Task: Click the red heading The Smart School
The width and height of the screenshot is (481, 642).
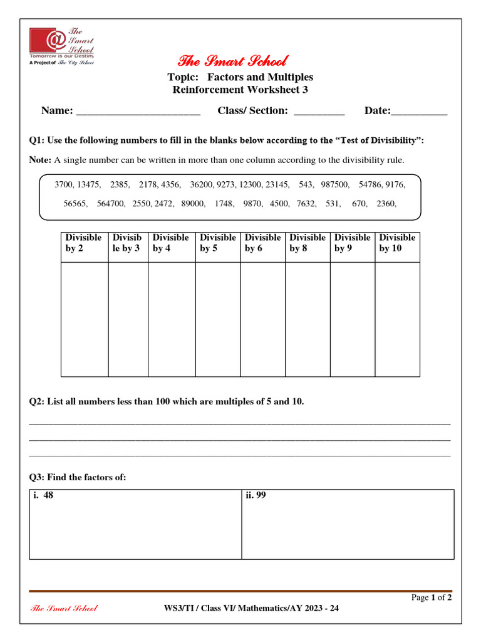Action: [x=232, y=61]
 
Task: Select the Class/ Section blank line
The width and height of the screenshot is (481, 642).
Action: [x=319, y=113]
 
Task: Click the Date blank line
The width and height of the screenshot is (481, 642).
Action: [x=419, y=113]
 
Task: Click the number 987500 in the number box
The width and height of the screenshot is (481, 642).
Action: [x=335, y=185]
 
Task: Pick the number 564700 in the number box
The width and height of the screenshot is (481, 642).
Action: [x=111, y=204]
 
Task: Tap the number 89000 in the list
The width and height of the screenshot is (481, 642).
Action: [x=193, y=204]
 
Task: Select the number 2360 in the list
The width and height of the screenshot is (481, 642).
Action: [x=386, y=204]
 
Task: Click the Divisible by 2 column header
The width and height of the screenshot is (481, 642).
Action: [x=83, y=243]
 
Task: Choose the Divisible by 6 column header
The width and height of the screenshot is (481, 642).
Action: [x=262, y=243]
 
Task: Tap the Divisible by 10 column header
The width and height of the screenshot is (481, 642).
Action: [x=397, y=243]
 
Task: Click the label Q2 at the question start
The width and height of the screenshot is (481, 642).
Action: [x=36, y=402]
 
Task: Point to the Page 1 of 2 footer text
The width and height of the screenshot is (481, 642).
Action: [x=432, y=597]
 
